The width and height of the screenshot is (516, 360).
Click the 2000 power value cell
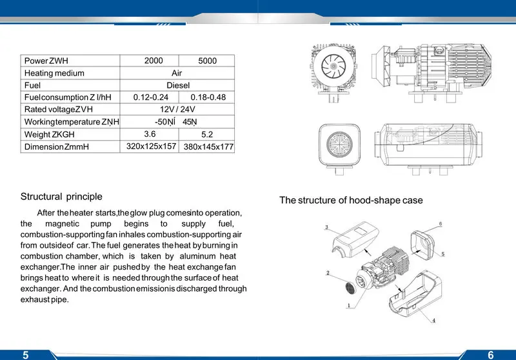coord(154,61)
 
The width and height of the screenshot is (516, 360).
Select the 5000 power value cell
coord(207,61)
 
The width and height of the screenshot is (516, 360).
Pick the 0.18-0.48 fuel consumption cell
coord(208,97)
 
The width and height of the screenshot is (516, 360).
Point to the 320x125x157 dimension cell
coord(152,146)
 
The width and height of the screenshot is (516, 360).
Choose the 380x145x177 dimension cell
coord(208,147)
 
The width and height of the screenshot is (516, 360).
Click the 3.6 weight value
coord(150,134)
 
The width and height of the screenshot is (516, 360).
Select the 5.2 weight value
coord(207,135)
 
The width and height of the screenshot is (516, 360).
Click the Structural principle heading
coord(61,196)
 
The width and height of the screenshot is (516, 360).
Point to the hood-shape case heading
coord(351,200)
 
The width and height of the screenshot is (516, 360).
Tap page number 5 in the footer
coord(26,354)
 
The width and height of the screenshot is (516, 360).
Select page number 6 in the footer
coord(491,354)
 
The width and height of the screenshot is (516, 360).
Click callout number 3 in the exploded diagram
coord(326,227)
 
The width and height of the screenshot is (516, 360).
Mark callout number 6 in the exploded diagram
coord(440,224)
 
